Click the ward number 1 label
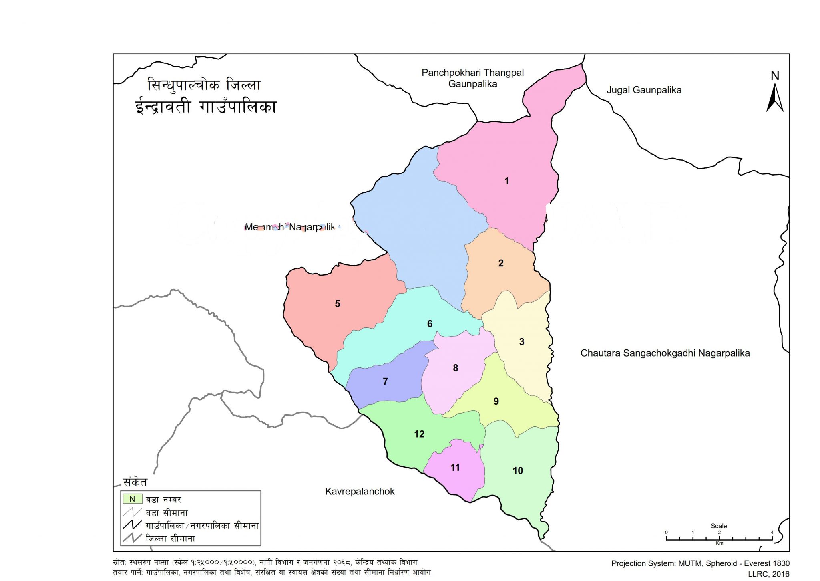(506, 181)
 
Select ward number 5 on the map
(338, 304)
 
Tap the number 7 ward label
(385, 381)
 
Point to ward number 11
(455, 468)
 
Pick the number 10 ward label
(518, 471)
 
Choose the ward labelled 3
(521, 342)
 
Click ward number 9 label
(496, 401)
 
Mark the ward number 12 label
(419, 434)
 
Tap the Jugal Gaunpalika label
(644, 90)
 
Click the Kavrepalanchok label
(360, 492)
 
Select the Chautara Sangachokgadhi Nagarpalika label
(665, 353)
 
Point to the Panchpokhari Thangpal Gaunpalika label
(472, 78)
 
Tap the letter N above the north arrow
(775, 76)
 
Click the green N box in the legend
(133, 499)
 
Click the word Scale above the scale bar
(719, 526)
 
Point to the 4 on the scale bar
(772, 532)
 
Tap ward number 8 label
(455, 368)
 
